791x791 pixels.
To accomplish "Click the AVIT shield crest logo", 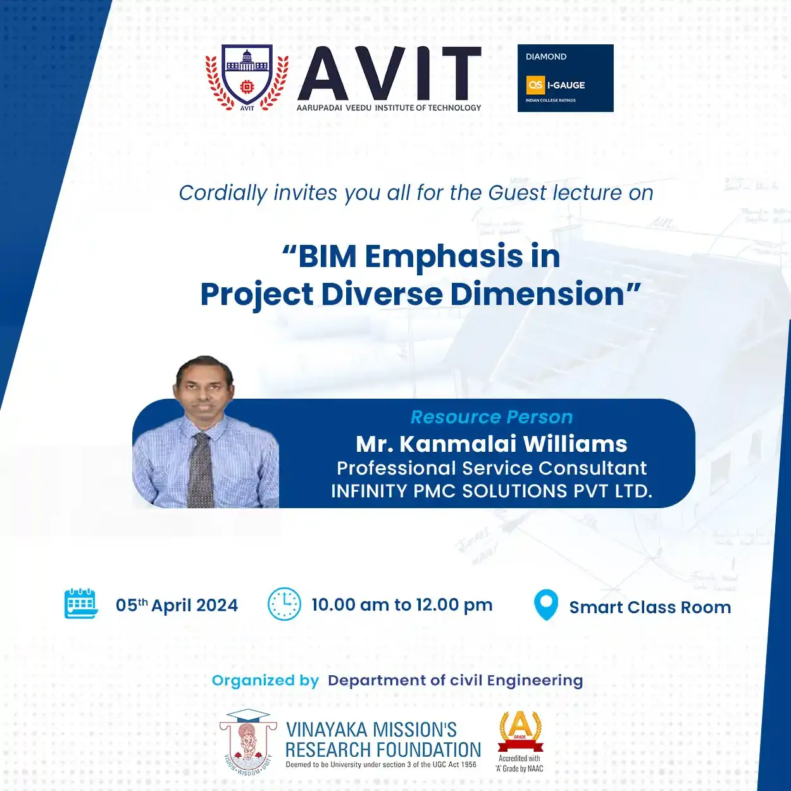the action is click(x=247, y=78).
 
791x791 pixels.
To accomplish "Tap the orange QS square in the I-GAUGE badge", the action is click(x=535, y=85).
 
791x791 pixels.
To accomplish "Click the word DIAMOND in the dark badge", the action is click(x=546, y=57).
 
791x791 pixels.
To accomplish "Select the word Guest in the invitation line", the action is click(x=517, y=193).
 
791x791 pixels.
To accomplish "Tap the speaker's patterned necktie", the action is click(x=201, y=470).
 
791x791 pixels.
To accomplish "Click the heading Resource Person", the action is click(x=491, y=417).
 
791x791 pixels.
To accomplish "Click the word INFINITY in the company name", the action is click(x=369, y=491).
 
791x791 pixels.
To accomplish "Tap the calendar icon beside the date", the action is click(x=81, y=604).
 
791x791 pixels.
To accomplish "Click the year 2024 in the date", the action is click(x=217, y=606).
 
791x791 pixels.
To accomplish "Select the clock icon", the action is click(x=284, y=604).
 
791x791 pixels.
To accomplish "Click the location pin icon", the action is click(x=546, y=605).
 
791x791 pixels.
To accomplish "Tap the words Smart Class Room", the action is click(x=651, y=607).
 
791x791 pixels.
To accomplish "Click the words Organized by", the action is click(x=265, y=681).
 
